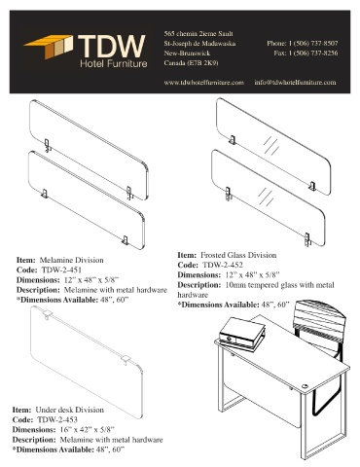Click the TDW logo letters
tap(112, 47)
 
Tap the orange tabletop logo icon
tap(49, 47)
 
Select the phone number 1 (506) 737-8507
tap(313, 43)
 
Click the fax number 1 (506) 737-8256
tap(313, 53)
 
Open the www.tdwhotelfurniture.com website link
tap(203, 83)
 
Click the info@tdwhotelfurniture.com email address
tap(295, 83)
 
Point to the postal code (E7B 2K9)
tap(203, 63)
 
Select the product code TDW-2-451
tap(61, 269)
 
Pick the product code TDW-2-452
tap(223, 265)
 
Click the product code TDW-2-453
tap(57, 419)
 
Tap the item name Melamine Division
tap(72, 260)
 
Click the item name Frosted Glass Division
tap(238, 255)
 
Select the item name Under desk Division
tap(70, 410)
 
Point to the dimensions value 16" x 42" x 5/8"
tap(88, 430)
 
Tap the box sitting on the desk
tap(242, 334)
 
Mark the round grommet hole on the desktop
tap(306, 386)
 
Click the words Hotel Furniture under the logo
tap(114, 63)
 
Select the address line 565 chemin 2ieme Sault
tap(198, 34)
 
